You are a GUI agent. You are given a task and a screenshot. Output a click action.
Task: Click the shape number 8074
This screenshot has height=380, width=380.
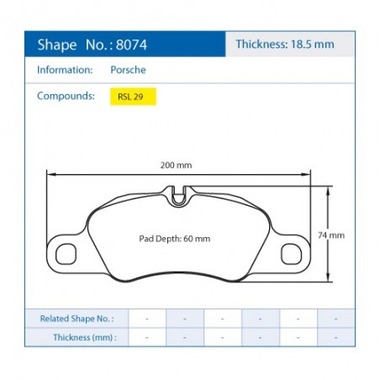[x=131, y=45]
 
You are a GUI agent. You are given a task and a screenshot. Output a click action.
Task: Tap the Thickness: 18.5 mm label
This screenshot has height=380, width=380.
[x=285, y=45]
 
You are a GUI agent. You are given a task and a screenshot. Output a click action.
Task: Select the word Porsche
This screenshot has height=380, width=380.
[x=128, y=70]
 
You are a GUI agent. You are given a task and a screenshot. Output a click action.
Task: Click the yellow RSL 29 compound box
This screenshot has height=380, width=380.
[x=133, y=97]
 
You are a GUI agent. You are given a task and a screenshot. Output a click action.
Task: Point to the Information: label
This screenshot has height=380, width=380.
[x=65, y=70]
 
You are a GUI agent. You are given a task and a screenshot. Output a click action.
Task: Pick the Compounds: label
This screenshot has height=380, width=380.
[x=66, y=96]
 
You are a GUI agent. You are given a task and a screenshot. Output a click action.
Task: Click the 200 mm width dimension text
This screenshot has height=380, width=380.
[x=176, y=165]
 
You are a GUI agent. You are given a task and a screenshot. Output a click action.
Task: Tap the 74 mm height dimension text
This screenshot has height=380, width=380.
[x=331, y=235]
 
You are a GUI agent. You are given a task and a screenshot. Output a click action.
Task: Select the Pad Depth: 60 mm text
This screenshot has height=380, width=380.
[x=175, y=239]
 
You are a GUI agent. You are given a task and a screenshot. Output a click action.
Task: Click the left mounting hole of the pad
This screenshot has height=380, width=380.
[x=66, y=254]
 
